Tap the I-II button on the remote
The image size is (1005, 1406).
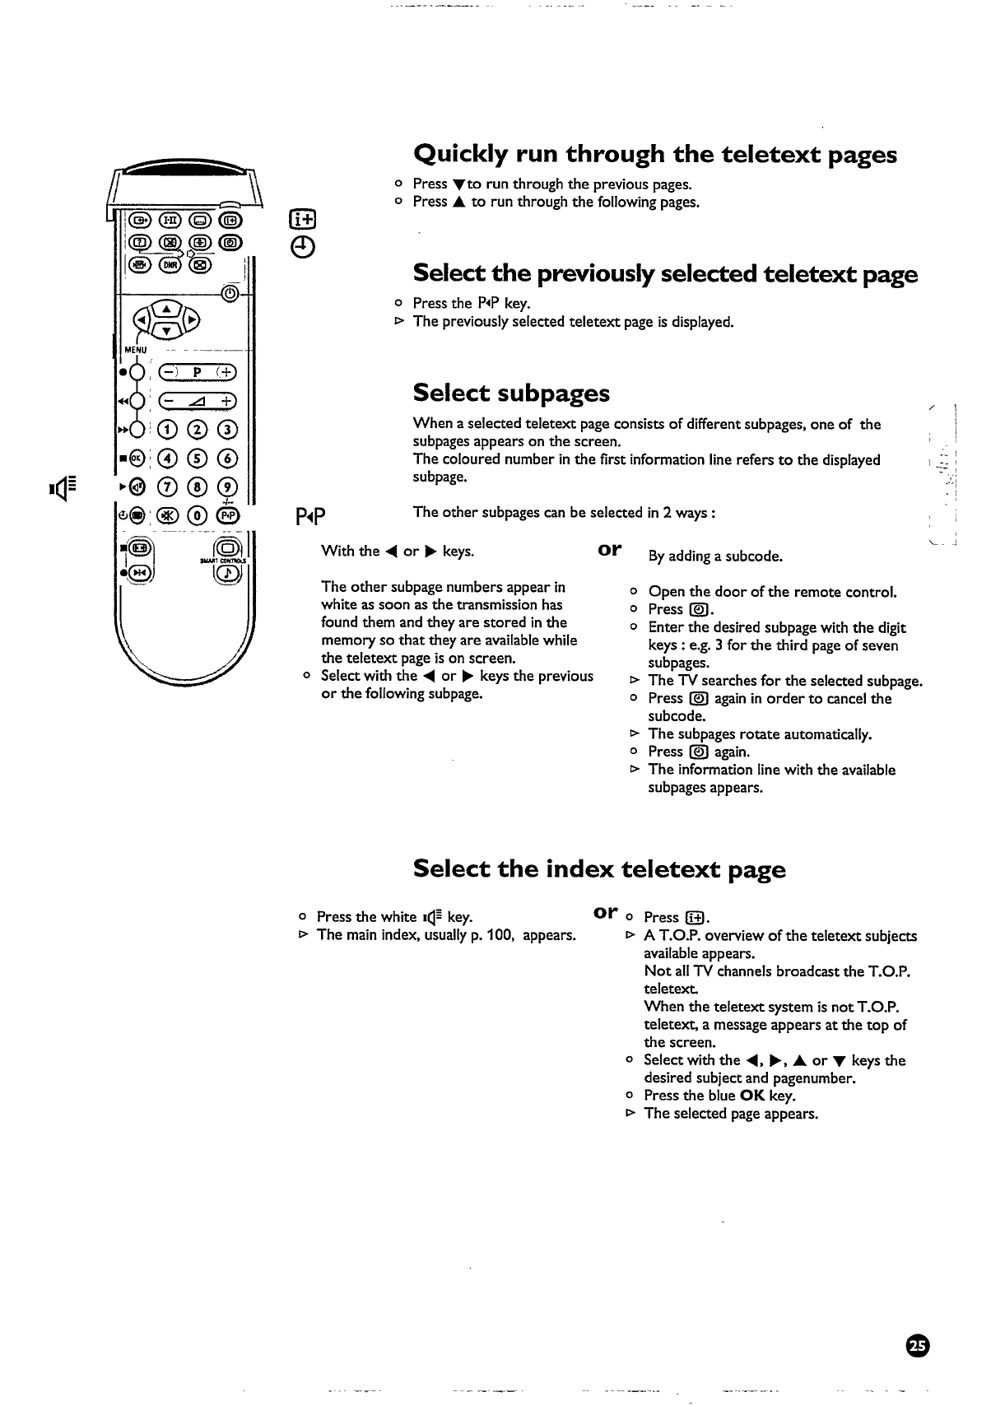(170, 219)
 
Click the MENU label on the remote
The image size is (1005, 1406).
(134, 350)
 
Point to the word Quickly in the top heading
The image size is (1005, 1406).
(460, 154)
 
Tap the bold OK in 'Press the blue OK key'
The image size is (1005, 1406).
(752, 1096)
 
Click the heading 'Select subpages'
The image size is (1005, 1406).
(511, 393)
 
